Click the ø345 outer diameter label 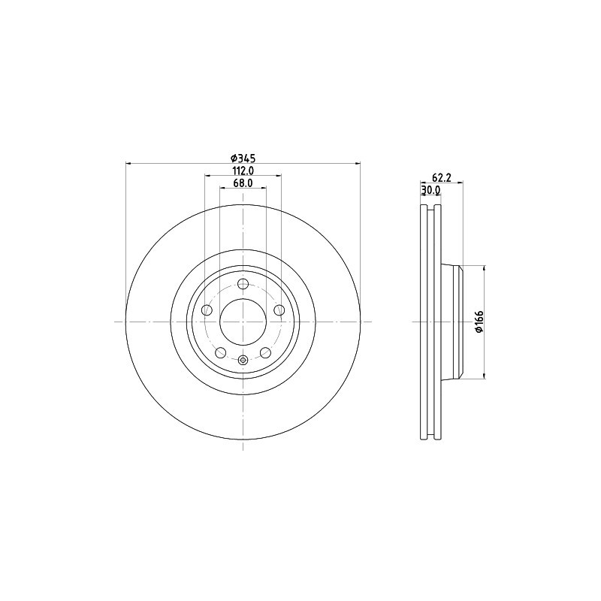tap(243, 158)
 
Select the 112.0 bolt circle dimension tap(243, 171)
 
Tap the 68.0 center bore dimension tap(243, 183)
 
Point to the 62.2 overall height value tap(441, 177)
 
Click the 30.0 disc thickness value tap(430, 191)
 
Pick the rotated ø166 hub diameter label tap(478, 322)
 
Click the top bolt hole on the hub tap(243, 284)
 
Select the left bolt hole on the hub tap(207, 310)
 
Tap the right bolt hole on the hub tap(279, 310)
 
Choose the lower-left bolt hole tap(221, 352)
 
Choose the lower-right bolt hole tap(265, 352)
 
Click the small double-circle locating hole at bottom tap(243, 361)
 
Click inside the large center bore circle tap(243, 322)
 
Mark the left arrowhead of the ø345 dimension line tap(128, 163)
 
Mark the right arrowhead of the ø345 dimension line tap(358, 163)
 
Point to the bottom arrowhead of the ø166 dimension tap(485, 375)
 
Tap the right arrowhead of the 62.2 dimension tap(459, 183)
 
